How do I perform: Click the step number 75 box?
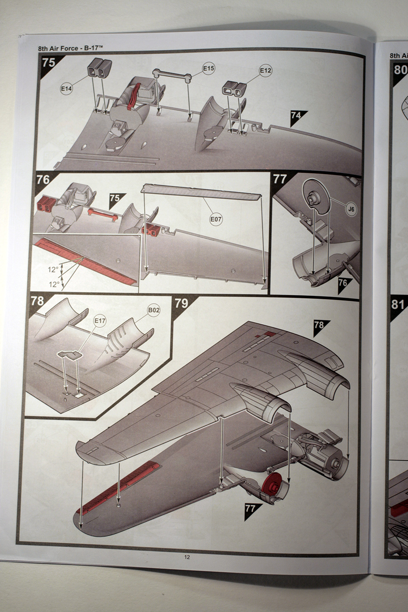point(49,63)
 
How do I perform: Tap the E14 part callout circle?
point(66,89)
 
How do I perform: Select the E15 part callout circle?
point(209,68)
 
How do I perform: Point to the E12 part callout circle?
point(265,70)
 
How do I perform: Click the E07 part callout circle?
point(216,219)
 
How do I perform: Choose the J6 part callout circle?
point(351,209)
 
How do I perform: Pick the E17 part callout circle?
point(100,321)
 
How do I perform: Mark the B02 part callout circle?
point(153,310)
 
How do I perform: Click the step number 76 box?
point(43,180)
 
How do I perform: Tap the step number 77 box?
point(279,179)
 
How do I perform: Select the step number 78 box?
point(38,301)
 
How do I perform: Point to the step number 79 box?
point(181,303)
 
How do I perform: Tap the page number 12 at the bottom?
point(187,557)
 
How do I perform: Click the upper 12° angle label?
point(53,270)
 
